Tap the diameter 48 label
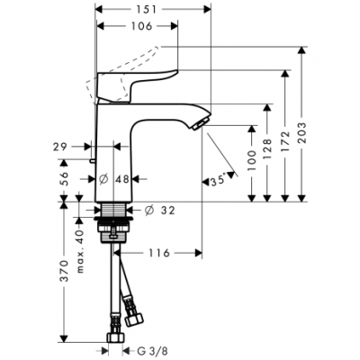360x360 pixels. point(124,177)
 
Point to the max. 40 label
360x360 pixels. point(80,244)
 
